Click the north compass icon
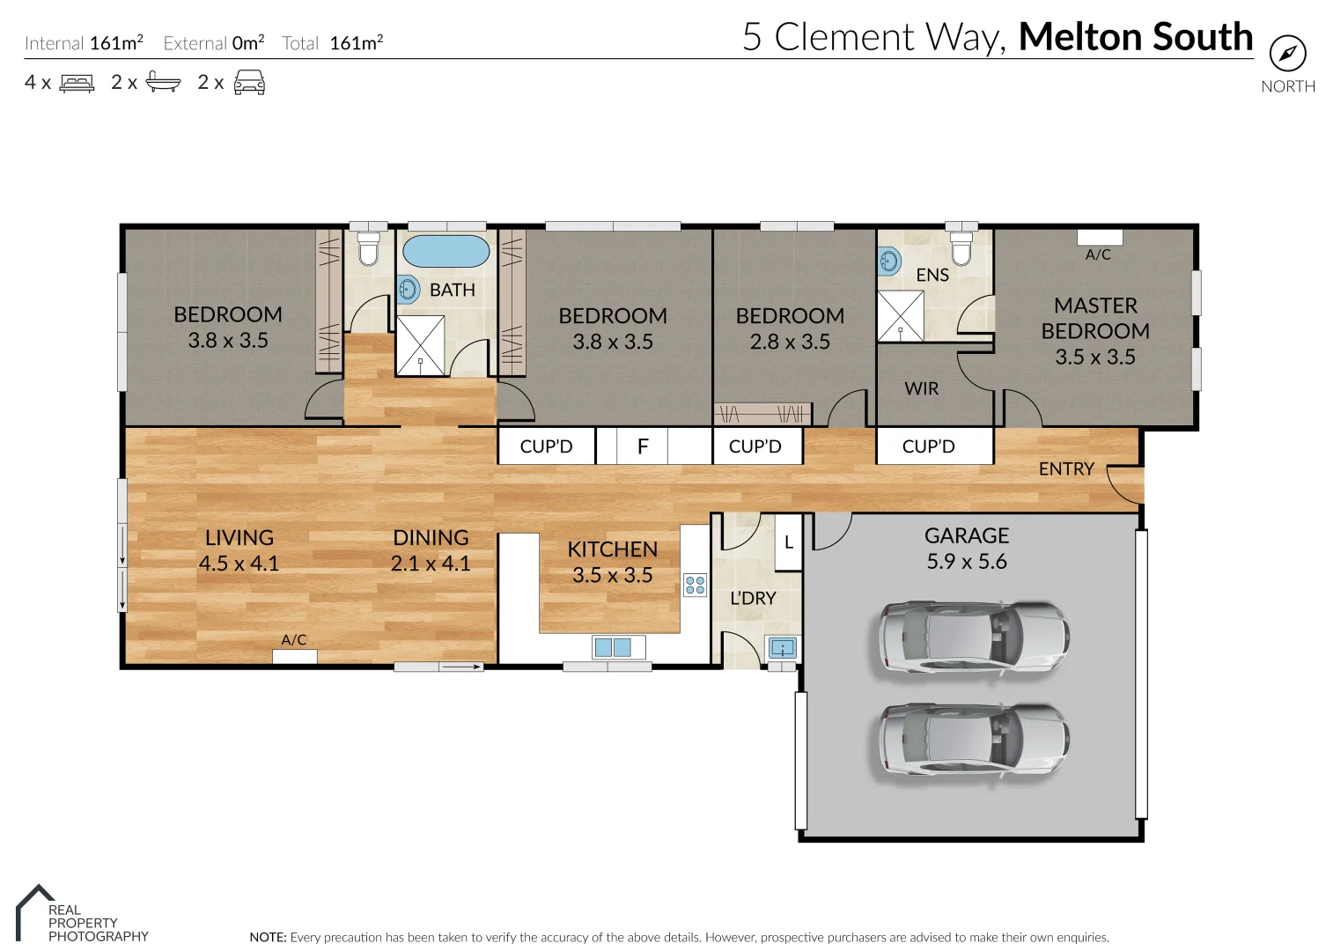point(1287,55)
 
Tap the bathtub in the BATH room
point(446,251)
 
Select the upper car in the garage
point(974,638)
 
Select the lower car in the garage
point(974,740)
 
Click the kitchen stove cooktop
point(695,585)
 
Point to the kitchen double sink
point(613,648)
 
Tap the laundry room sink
point(782,649)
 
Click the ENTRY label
point(1065,469)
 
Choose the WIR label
point(921,388)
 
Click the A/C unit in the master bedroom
point(1100,237)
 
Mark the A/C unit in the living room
point(294,656)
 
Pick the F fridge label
point(643,446)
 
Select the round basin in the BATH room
point(408,289)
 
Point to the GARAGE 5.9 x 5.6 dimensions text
point(966,561)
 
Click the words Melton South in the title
point(1135,37)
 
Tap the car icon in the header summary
point(249,83)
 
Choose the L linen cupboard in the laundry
point(788,542)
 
